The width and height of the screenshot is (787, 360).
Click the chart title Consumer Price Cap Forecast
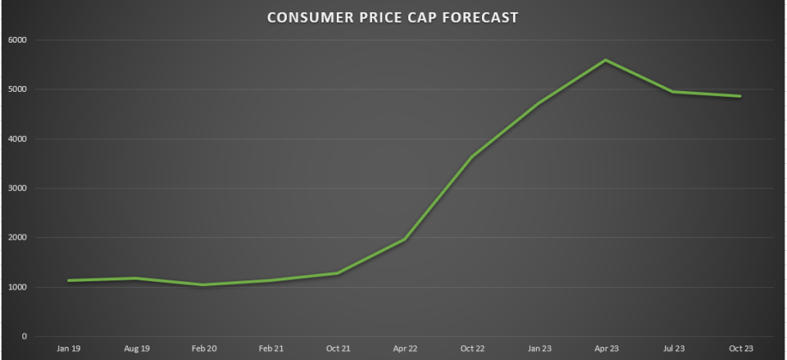(393, 17)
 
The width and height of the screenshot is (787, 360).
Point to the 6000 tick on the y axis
(18, 40)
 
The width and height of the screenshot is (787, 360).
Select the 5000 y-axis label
(18, 89)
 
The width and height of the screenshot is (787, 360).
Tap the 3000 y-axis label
(18, 189)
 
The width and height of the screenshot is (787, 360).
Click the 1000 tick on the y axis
(18, 288)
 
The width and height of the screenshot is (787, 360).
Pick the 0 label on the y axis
(25, 337)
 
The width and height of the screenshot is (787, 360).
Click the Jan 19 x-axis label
(70, 349)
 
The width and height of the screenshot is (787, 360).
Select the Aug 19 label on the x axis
(137, 349)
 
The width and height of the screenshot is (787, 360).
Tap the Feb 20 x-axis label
(204, 349)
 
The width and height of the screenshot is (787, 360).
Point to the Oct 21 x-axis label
(338, 349)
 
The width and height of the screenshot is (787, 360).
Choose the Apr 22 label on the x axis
(405, 349)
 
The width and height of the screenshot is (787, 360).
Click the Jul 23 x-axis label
(673, 349)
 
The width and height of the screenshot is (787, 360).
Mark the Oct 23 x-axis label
(740, 349)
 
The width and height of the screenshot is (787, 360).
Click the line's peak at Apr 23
(606, 60)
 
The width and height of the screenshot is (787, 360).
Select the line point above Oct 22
(472, 157)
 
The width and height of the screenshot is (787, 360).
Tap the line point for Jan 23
(539, 103)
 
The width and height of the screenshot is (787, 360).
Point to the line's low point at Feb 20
(204, 285)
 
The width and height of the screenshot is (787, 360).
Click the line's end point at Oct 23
(740, 96)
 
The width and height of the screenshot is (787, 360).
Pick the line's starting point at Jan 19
(70, 280)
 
